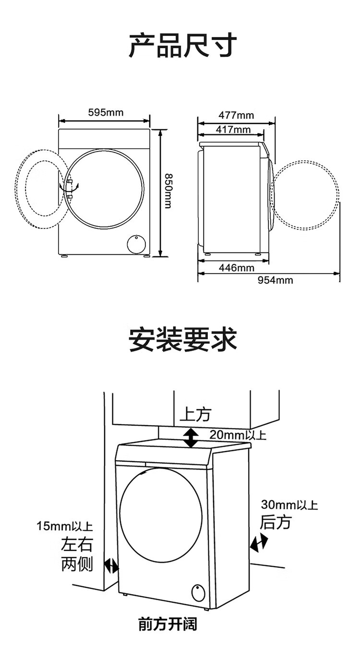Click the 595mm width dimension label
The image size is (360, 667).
(x=106, y=112)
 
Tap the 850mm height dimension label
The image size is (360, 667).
(x=168, y=191)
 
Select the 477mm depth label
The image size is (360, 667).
(x=236, y=115)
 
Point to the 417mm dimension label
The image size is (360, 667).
(x=233, y=130)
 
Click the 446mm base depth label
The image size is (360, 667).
(x=237, y=268)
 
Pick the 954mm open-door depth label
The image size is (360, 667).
(x=275, y=280)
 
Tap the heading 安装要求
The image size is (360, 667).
(x=182, y=339)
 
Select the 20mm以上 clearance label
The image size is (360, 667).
(x=237, y=435)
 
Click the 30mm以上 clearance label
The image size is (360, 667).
(x=289, y=505)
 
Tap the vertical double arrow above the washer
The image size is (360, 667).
(x=191, y=438)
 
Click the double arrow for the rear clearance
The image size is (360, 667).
(x=258, y=543)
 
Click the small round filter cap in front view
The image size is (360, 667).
(x=136, y=244)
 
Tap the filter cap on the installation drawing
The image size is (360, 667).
(x=198, y=593)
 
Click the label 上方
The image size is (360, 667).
(x=195, y=415)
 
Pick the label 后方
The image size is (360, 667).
(x=276, y=522)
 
